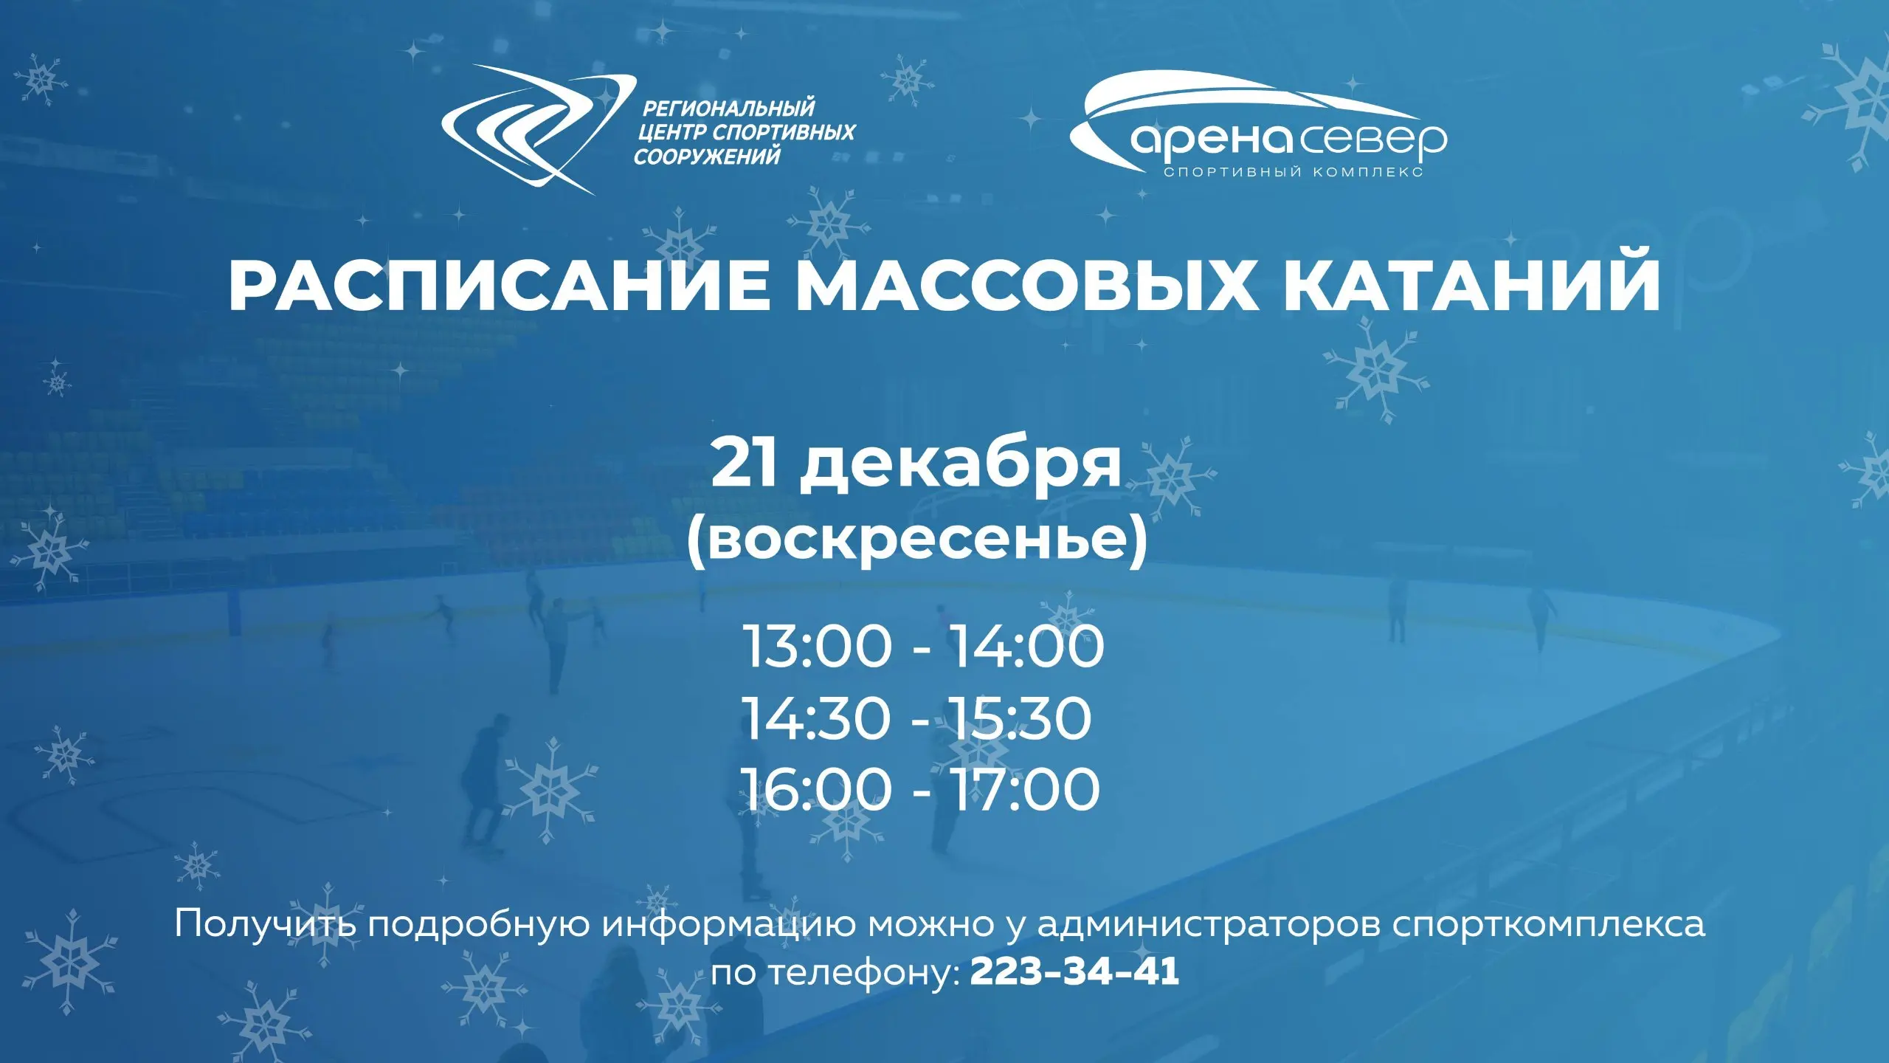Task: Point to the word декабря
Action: [960, 466]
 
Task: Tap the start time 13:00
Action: [818, 646]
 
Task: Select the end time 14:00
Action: [1026, 646]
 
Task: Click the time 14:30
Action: [816, 718]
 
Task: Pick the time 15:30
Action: [1019, 718]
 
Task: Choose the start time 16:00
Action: [816, 789]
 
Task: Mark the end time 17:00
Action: [1024, 789]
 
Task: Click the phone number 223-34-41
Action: [1074, 972]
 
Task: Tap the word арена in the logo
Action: [1210, 140]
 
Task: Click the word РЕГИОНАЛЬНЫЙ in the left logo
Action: [728, 109]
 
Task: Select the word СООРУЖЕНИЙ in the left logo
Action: [707, 156]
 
